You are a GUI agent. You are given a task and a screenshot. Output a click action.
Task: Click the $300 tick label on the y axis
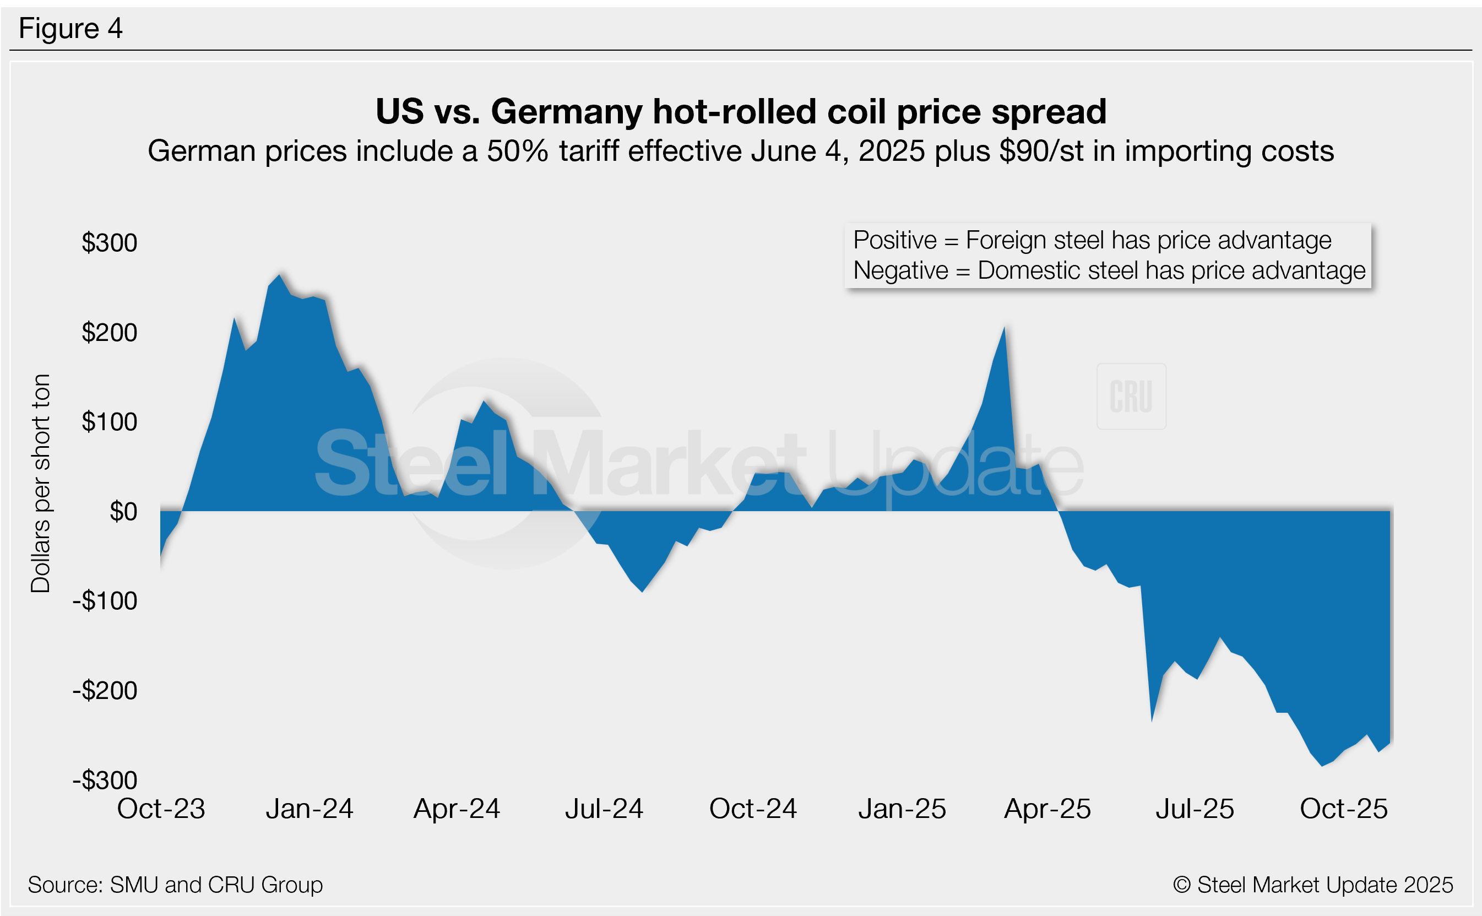[110, 243]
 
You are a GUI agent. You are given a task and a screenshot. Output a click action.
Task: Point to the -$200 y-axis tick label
[105, 691]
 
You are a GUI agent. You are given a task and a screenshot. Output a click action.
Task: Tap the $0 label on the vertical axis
[123, 512]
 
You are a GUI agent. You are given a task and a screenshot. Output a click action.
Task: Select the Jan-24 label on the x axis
[309, 809]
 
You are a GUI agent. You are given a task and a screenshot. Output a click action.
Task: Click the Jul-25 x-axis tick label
[1195, 809]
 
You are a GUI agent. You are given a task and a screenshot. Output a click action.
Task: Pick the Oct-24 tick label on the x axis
[753, 809]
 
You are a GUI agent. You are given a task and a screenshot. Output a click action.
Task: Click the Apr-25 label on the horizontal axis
[1047, 809]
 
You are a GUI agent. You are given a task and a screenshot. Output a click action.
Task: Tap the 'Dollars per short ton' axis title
[41, 483]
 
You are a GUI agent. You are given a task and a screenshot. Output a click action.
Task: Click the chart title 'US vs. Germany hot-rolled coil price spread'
[741, 111]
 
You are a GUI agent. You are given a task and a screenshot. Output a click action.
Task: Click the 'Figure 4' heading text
[70, 29]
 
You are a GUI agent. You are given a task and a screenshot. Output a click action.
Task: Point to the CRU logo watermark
[1131, 397]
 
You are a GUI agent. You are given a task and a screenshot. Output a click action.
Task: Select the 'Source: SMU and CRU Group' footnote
[175, 885]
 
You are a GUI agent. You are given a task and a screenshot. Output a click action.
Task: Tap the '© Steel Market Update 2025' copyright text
[1312, 885]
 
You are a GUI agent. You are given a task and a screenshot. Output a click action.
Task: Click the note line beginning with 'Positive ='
[1092, 241]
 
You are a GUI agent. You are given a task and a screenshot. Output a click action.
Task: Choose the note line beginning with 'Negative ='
[1109, 271]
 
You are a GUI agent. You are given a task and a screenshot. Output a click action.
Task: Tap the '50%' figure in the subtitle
[517, 151]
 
